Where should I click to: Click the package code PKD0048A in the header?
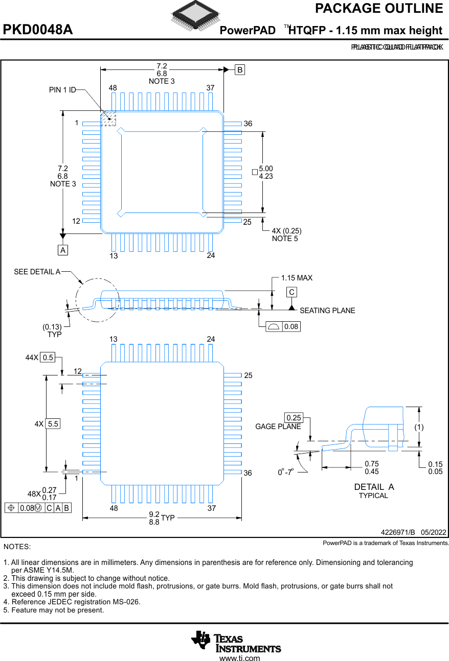(x=38, y=30)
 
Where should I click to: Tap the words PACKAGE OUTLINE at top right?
(x=378, y=9)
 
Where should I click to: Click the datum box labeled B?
(x=240, y=70)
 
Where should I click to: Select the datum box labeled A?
(x=62, y=250)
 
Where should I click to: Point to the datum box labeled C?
(x=291, y=292)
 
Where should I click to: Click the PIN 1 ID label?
(x=62, y=90)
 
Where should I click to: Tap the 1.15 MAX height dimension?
(x=297, y=278)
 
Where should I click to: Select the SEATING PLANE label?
(x=327, y=311)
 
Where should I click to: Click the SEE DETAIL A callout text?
(x=37, y=272)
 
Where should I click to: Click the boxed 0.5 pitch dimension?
(x=48, y=358)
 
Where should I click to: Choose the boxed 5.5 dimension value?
(x=53, y=423)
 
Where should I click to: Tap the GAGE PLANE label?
(x=278, y=427)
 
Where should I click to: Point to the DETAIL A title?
(x=374, y=487)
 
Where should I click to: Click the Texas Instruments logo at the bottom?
(x=236, y=642)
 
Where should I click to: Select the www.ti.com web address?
(x=239, y=658)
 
